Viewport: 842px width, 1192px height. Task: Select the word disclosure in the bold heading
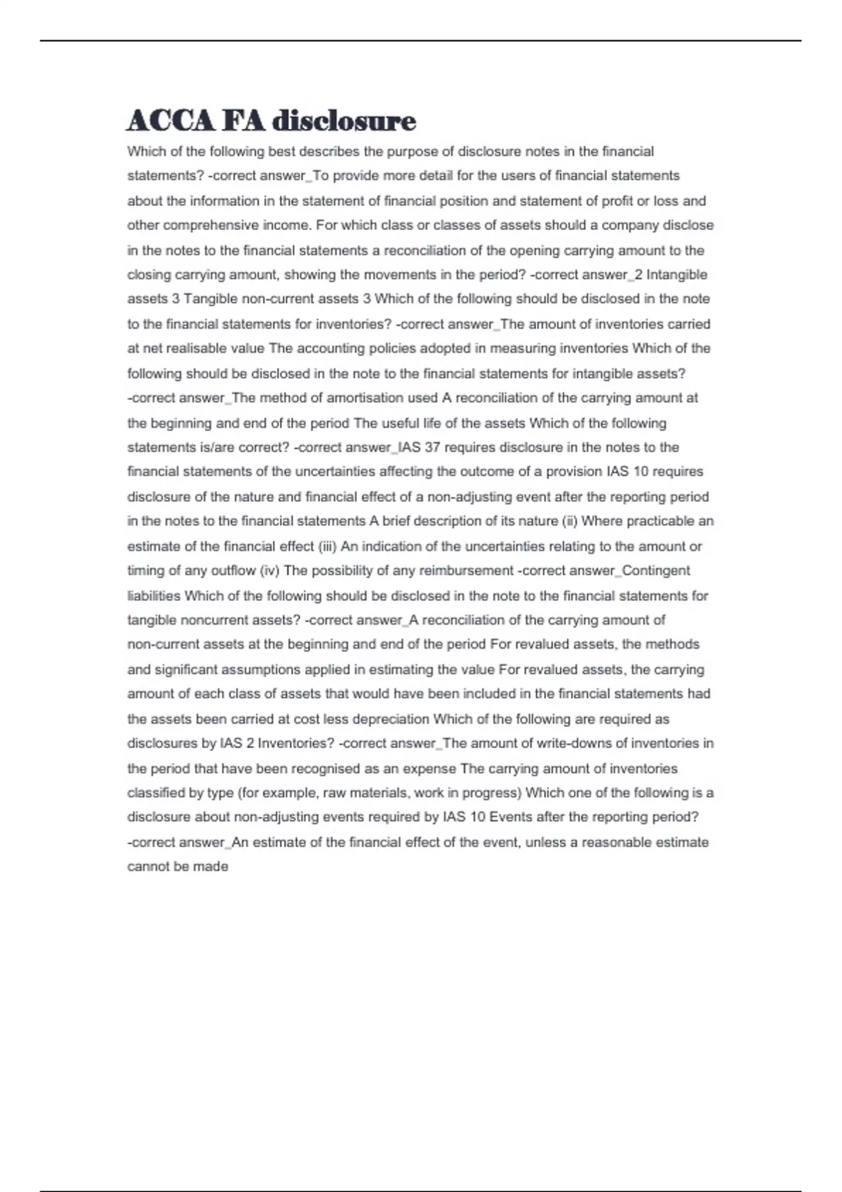(344, 121)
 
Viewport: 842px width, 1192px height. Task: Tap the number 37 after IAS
(432, 447)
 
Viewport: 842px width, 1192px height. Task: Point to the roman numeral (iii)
(328, 546)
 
